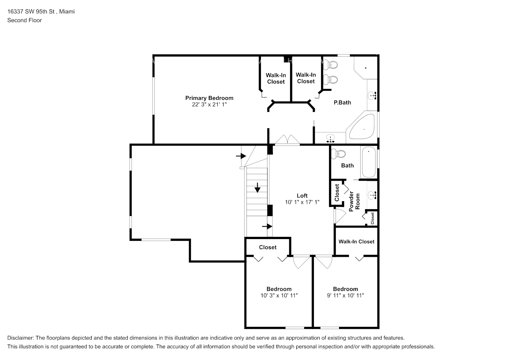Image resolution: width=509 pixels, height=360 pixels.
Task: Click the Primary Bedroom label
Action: [x=209, y=98]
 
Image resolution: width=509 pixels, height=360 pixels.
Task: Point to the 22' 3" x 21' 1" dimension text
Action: [x=209, y=105]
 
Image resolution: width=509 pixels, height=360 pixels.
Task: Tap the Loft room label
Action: [x=302, y=196]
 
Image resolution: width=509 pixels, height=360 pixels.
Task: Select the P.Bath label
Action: [x=342, y=103]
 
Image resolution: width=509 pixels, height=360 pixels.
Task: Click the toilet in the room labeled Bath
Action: [x=338, y=154]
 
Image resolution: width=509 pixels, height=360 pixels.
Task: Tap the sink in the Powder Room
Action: [x=372, y=195]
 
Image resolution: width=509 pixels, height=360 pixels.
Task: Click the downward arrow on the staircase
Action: [x=257, y=188]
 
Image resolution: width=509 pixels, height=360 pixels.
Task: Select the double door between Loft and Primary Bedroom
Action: [x=287, y=140]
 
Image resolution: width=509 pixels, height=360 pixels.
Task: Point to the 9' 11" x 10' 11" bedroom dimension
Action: [x=345, y=296]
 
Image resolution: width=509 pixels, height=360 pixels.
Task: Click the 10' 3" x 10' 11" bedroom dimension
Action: [x=279, y=296]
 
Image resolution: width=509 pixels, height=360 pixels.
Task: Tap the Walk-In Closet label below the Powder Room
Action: [x=356, y=242]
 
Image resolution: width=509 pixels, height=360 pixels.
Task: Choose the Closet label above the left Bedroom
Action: [x=268, y=247]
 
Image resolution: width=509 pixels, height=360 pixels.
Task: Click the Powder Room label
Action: [x=354, y=202]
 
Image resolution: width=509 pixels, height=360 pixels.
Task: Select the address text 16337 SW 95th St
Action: [x=31, y=12]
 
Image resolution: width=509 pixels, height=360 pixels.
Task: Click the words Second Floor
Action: [x=24, y=20]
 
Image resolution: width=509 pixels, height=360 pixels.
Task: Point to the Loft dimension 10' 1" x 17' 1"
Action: [x=302, y=202]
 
